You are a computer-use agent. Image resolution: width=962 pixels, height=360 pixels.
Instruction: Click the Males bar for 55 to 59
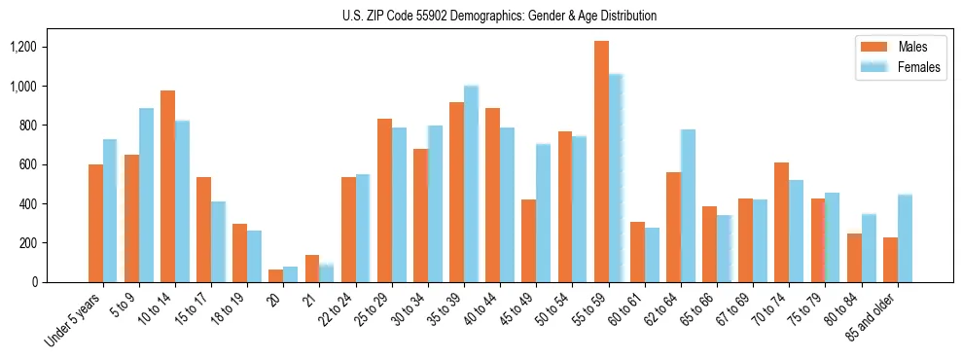tap(601, 162)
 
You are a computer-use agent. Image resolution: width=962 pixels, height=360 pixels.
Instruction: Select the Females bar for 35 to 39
tap(472, 184)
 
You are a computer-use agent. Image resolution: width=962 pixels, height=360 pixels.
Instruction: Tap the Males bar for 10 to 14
tap(168, 186)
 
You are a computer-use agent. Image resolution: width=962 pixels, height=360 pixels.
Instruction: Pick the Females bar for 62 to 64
tap(688, 205)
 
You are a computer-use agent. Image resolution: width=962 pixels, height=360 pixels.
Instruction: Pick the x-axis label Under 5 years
tap(73, 321)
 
